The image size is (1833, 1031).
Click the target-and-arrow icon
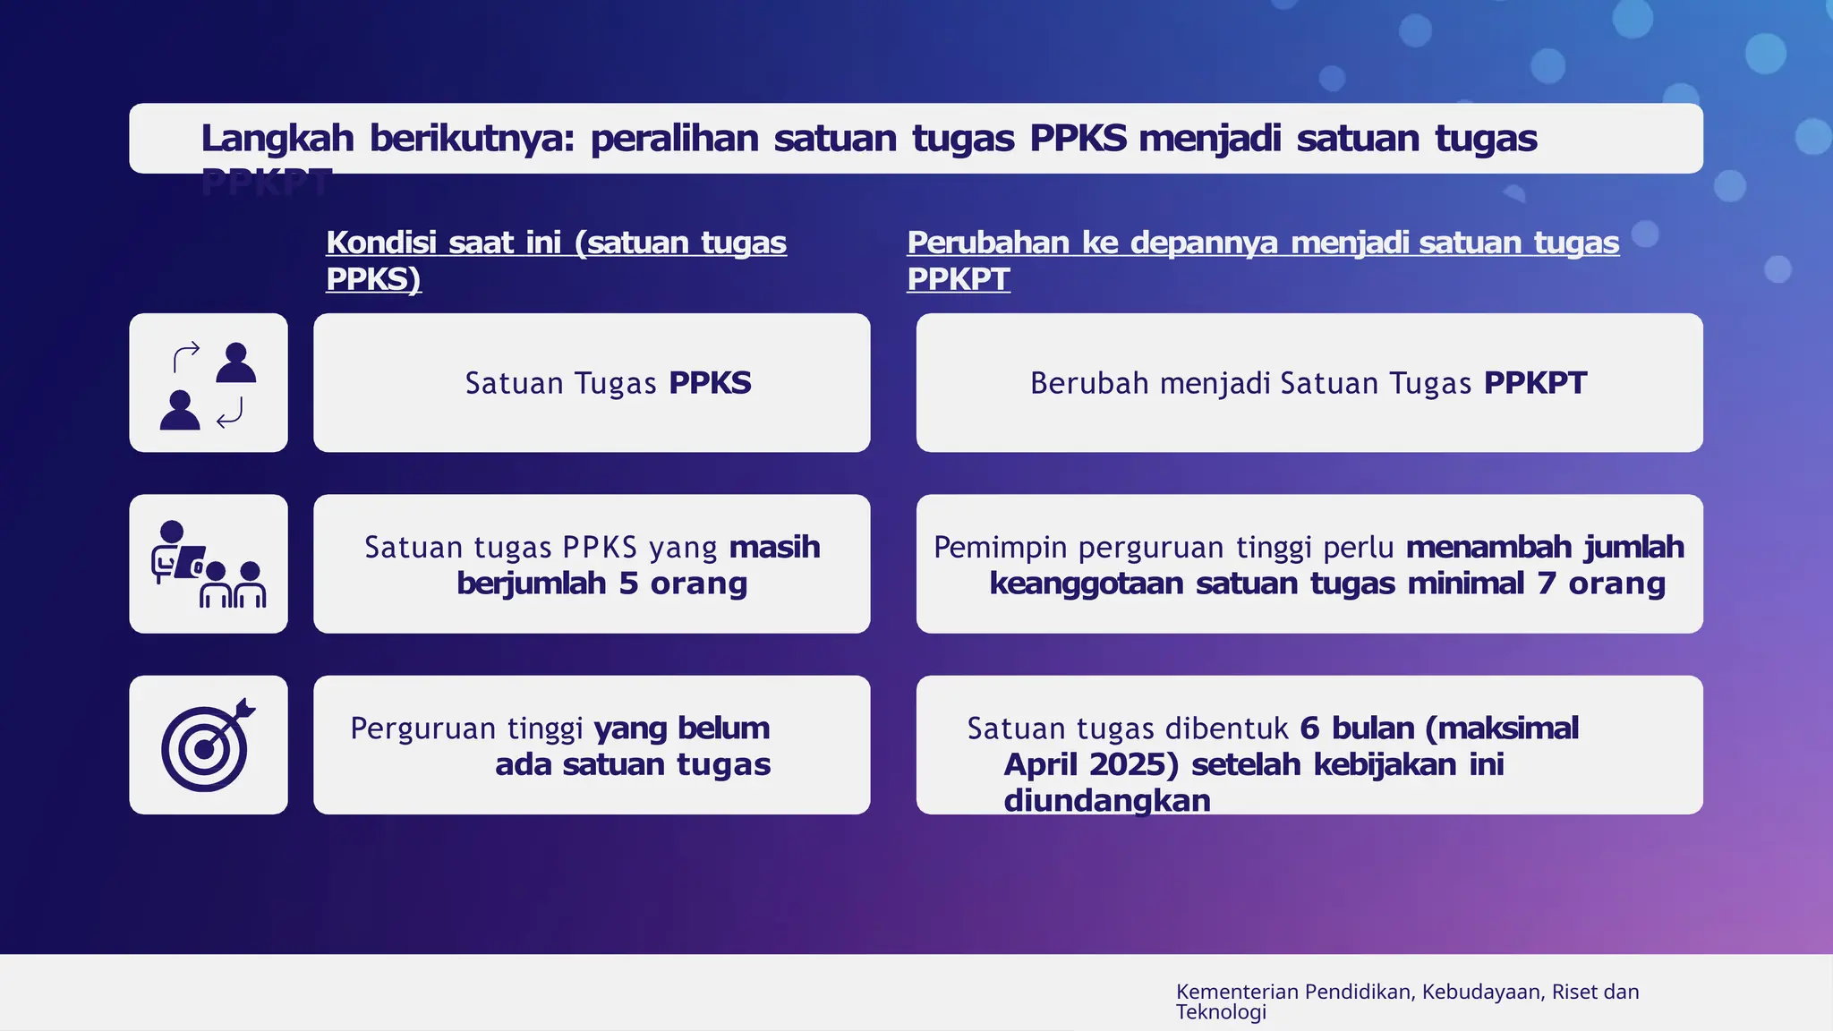(208, 745)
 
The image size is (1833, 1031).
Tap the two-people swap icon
(208, 385)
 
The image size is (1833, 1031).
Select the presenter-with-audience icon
(208, 565)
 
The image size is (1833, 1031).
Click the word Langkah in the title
(277, 139)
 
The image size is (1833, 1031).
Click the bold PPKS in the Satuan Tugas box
(710, 383)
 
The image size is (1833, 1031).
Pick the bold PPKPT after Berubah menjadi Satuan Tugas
(1535, 383)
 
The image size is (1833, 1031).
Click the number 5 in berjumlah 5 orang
(628, 584)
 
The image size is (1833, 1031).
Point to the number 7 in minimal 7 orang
(1547, 584)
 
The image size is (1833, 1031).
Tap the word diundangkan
(1107, 800)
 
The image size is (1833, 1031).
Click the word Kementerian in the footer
(1237, 992)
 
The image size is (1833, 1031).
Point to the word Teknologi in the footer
(1221, 1012)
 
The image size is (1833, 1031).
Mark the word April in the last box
(1040, 764)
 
